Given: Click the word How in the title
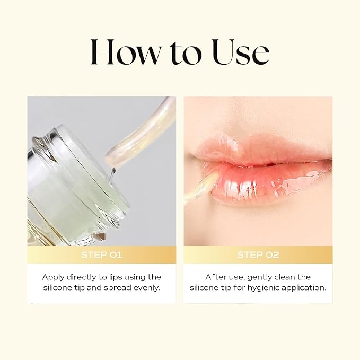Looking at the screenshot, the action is [126, 52].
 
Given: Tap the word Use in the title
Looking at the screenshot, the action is [241, 52].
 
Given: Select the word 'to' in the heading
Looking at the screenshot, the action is [186, 53].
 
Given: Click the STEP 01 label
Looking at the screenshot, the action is [102, 255].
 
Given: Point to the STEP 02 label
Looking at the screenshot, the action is [258, 255].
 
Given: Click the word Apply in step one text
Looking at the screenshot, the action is [53, 277].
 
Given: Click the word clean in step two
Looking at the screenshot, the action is [285, 277].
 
